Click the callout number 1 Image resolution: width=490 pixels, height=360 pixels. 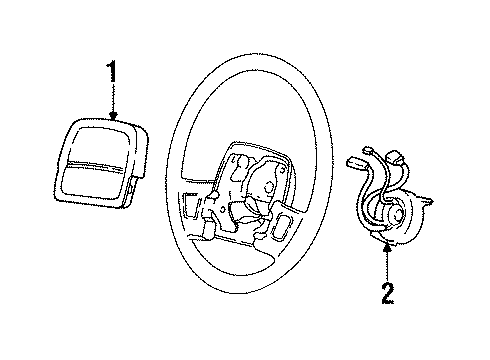pyautogui.click(x=111, y=73)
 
